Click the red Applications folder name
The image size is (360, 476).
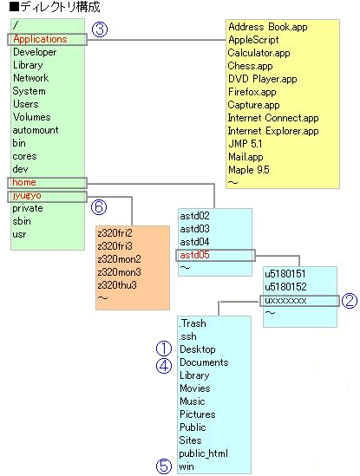click(x=40, y=39)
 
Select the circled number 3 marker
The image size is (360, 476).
click(x=100, y=29)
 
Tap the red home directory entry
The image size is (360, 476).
click(x=24, y=182)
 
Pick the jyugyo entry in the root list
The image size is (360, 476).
click(x=27, y=196)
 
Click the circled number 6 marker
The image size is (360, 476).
click(x=99, y=207)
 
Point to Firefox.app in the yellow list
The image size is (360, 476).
click(x=252, y=92)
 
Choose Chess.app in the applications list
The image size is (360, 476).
click(x=251, y=66)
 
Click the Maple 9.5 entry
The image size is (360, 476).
click(x=249, y=170)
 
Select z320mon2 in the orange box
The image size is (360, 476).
click(x=119, y=259)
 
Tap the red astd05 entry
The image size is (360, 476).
click(x=194, y=255)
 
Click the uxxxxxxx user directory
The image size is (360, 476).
click(x=285, y=301)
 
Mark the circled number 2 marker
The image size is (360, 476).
click(x=350, y=301)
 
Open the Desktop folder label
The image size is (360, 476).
click(x=198, y=349)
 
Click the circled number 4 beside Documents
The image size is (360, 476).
click(x=164, y=366)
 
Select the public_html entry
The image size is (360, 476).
click(x=203, y=453)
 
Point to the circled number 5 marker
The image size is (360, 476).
click(x=164, y=466)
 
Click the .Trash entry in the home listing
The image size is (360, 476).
click(x=193, y=323)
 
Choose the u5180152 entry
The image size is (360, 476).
click(x=285, y=287)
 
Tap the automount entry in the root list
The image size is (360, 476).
click(x=36, y=130)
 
